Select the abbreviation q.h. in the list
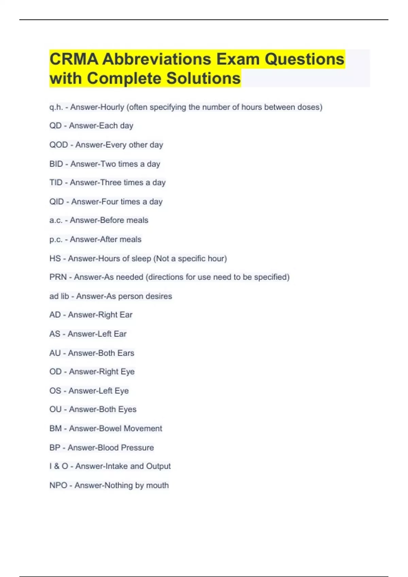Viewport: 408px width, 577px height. coord(56,107)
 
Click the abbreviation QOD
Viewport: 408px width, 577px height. coord(58,145)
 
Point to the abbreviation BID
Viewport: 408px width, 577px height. coord(56,164)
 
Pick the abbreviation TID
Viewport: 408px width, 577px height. coord(56,183)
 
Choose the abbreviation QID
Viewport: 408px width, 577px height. coord(56,202)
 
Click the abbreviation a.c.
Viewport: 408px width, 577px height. coord(56,220)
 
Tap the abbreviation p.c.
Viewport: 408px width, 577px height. coord(56,240)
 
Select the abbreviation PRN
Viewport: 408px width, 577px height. coord(58,277)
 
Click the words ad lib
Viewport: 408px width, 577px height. coord(59,296)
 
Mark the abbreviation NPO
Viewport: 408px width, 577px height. coord(58,485)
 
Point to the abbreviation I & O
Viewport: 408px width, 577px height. coord(58,466)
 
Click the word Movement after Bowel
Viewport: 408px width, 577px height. coord(143,428)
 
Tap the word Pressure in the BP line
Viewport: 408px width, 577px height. coord(137,448)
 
